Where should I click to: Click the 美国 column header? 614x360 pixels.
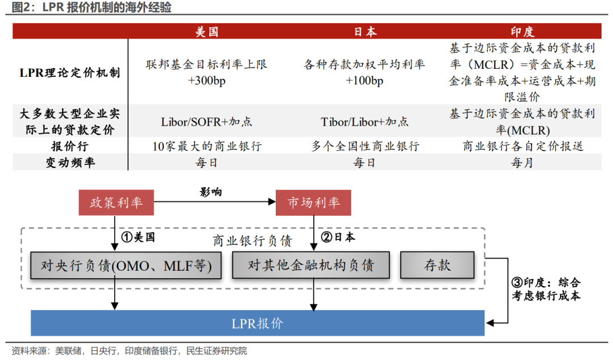tap(207, 31)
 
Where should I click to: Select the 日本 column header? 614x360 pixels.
tap(365, 31)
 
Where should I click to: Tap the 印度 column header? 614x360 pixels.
tap(522, 31)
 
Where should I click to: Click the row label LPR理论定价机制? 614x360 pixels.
tap(70, 72)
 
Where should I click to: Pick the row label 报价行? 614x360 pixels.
tap(70, 146)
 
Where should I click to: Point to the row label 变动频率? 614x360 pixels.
tap(70, 162)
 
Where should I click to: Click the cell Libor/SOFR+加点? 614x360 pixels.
tap(206, 122)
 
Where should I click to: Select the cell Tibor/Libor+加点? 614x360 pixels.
tap(364, 122)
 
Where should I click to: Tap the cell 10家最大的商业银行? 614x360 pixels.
tap(207, 146)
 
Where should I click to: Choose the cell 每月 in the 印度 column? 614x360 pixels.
tap(522, 162)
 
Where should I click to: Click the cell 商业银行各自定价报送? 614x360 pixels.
tap(523, 146)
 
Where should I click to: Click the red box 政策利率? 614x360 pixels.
tap(117, 202)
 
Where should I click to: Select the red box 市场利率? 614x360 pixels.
tap(313, 202)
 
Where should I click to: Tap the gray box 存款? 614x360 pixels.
tap(437, 265)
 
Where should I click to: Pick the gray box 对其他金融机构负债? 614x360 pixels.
tap(311, 265)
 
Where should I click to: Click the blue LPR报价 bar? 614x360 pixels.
tap(258, 323)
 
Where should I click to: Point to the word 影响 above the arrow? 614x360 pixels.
tap(211, 192)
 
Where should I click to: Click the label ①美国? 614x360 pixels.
tap(138, 237)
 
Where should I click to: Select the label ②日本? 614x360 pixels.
tap(338, 237)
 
